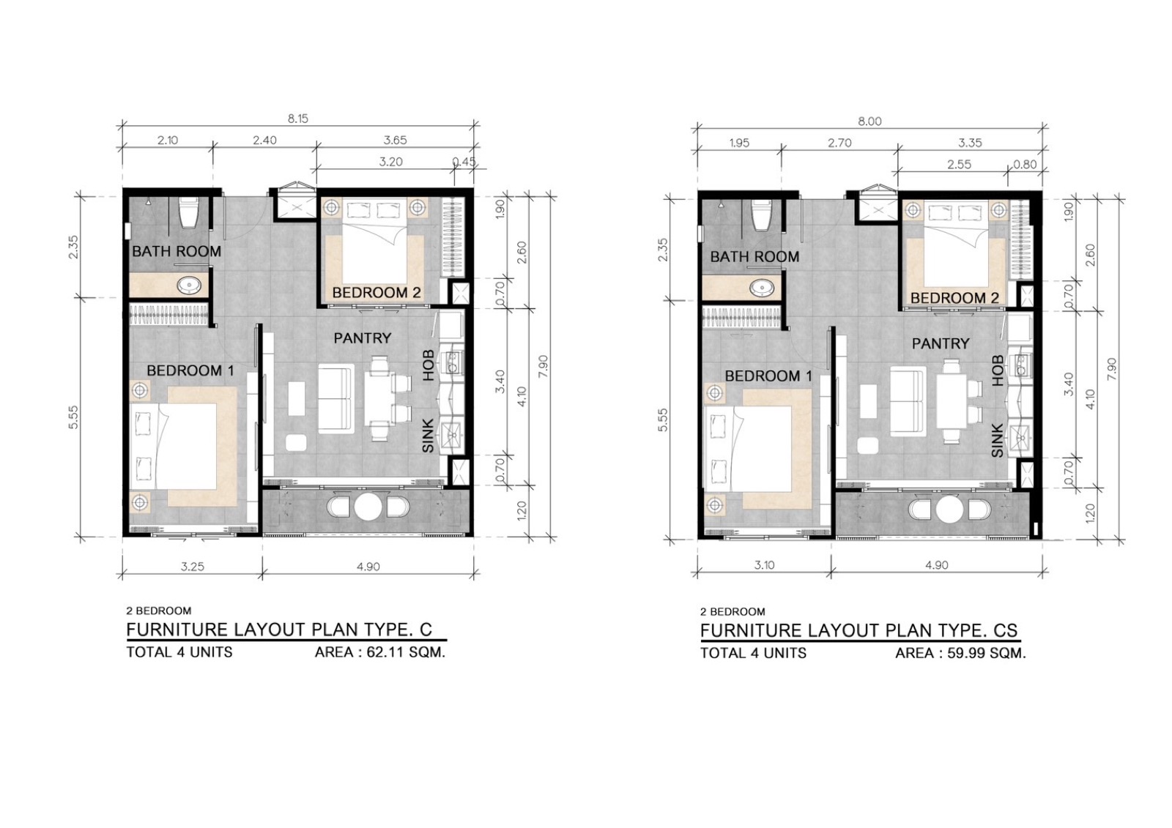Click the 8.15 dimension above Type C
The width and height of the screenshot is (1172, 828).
click(x=297, y=119)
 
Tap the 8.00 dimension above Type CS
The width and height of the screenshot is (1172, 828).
click(x=869, y=122)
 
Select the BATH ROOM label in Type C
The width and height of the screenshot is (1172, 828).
click(x=177, y=252)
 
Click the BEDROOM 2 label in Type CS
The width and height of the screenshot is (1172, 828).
click(x=954, y=298)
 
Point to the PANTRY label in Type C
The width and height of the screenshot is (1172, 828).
click(x=363, y=338)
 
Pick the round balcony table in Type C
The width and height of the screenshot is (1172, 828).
click(x=368, y=507)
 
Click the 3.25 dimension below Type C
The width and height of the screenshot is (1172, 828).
click(x=193, y=567)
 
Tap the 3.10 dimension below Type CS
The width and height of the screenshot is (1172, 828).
click(x=765, y=565)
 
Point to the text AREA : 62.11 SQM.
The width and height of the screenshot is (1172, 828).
click(x=380, y=652)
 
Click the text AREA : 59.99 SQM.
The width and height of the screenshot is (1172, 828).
click(x=960, y=653)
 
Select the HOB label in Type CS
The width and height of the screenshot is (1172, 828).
click(x=998, y=371)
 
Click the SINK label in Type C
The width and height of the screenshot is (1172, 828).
click(x=428, y=436)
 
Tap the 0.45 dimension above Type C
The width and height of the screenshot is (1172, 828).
click(x=464, y=162)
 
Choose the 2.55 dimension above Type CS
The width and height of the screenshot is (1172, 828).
click(x=959, y=164)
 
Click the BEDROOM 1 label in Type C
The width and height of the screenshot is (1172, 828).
click(x=190, y=371)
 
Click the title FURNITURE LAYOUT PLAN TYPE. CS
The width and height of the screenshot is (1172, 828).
click(x=859, y=631)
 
